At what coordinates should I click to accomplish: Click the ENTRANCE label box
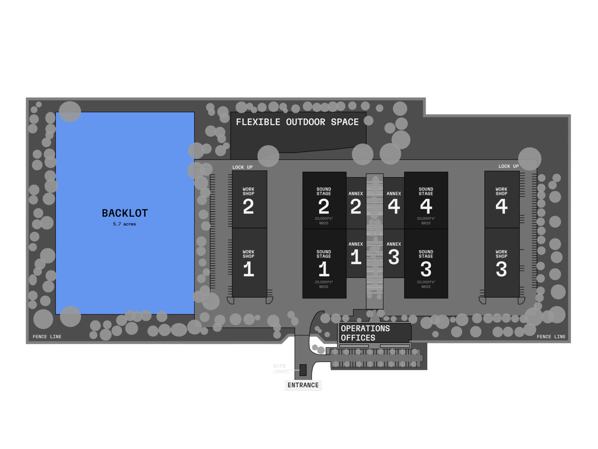coord(303,385)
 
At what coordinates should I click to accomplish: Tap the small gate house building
coord(303,370)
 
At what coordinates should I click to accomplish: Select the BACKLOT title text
coord(125,213)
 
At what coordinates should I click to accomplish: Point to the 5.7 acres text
coord(124,224)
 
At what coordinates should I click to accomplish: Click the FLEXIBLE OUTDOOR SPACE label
coord(297,122)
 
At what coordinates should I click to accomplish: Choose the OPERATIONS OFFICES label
coord(365,333)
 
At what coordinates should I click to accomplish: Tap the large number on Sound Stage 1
coord(324,269)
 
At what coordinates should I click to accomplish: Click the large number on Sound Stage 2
coord(324,206)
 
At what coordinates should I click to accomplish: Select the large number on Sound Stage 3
coord(426,269)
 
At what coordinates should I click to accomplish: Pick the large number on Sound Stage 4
coord(426,206)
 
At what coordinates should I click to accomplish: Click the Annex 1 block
coord(356,253)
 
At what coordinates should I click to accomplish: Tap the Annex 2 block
coord(356,203)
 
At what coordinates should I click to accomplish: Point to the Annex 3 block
coord(394,253)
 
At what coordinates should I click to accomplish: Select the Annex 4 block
coord(394,203)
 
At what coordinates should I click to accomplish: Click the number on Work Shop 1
coord(249,269)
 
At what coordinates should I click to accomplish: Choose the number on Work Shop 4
coord(501,206)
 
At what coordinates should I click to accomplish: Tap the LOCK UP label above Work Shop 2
coord(242,167)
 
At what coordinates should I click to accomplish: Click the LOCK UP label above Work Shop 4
coord(509,166)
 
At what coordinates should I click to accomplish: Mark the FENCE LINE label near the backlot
coord(47,337)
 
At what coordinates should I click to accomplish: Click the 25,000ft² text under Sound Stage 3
coord(426,282)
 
